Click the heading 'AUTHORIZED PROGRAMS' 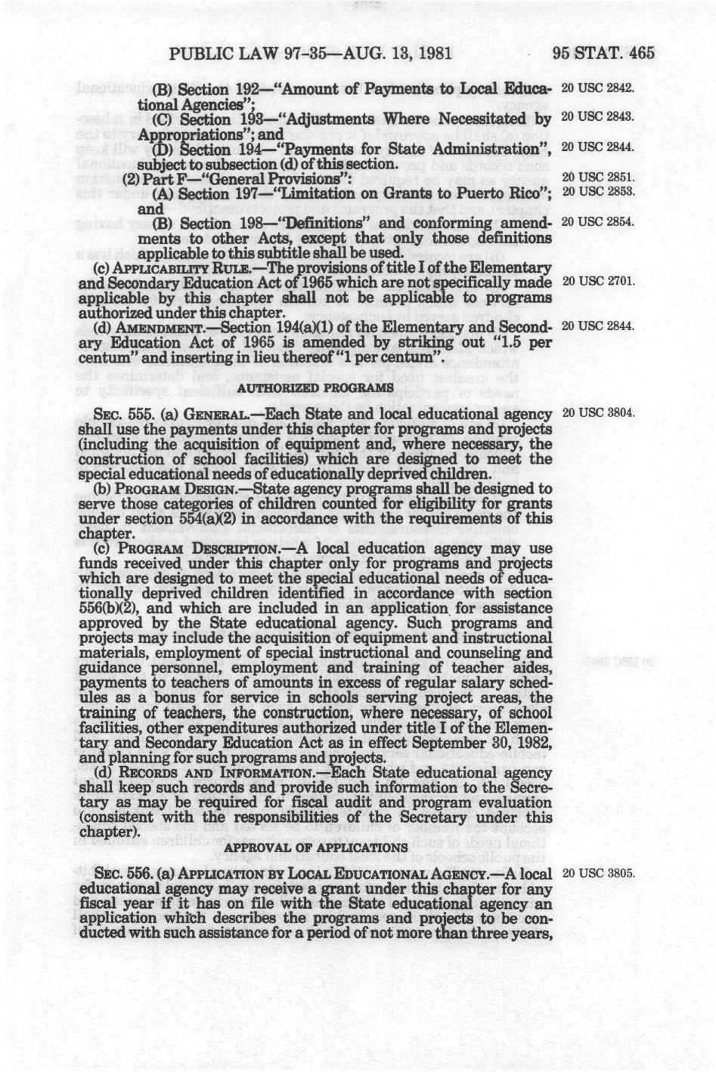(315, 388)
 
